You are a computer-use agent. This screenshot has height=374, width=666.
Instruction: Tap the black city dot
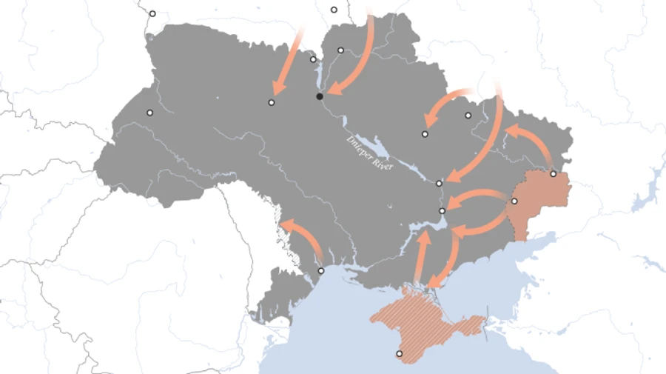point(320,96)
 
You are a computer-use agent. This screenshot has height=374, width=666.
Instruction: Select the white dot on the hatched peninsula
point(400,354)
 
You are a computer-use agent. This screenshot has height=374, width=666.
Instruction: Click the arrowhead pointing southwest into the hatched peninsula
point(436,282)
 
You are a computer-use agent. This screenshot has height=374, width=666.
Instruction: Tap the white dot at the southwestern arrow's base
point(321,271)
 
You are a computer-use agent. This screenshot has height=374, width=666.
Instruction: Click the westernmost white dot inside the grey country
point(149,113)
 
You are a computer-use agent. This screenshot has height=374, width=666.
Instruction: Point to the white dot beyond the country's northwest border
point(152,13)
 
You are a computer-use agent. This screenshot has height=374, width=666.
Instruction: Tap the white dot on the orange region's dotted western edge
point(515,201)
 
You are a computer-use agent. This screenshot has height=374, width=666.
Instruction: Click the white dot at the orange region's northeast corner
point(554,173)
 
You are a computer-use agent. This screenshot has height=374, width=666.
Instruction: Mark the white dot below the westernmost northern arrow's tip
point(272,102)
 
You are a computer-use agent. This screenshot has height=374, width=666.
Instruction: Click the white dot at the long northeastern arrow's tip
point(440,182)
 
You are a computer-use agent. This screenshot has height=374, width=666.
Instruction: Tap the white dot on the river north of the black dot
point(313,59)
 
